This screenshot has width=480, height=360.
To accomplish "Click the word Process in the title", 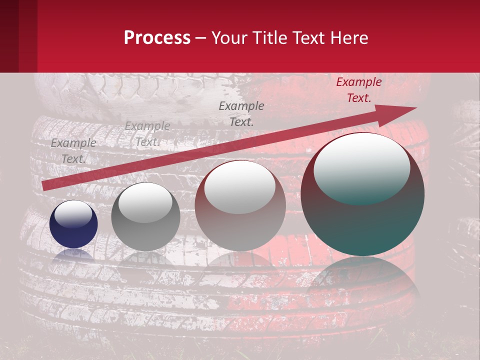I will click(157, 38).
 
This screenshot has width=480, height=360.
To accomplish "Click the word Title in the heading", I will click(269, 38).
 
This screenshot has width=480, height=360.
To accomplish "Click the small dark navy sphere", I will click(73, 230).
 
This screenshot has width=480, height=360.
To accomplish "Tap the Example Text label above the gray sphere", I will click(147, 134).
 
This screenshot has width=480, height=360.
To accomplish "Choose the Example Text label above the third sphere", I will click(241, 113).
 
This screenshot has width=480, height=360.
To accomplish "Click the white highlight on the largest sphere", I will click(361, 167).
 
